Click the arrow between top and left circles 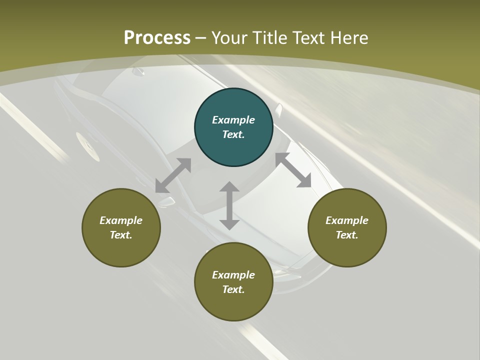pos(173,175)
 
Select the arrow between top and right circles pos(293,170)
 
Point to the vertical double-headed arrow pos(229,205)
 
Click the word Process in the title pos(157,38)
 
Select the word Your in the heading pos(228,38)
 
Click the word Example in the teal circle pos(233,120)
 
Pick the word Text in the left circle pos(121,235)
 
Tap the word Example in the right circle pos(347,220)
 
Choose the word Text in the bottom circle pos(233,289)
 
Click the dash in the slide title pos(201,38)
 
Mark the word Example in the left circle pos(121,220)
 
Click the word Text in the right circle pos(347,235)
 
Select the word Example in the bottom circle pos(233,275)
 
